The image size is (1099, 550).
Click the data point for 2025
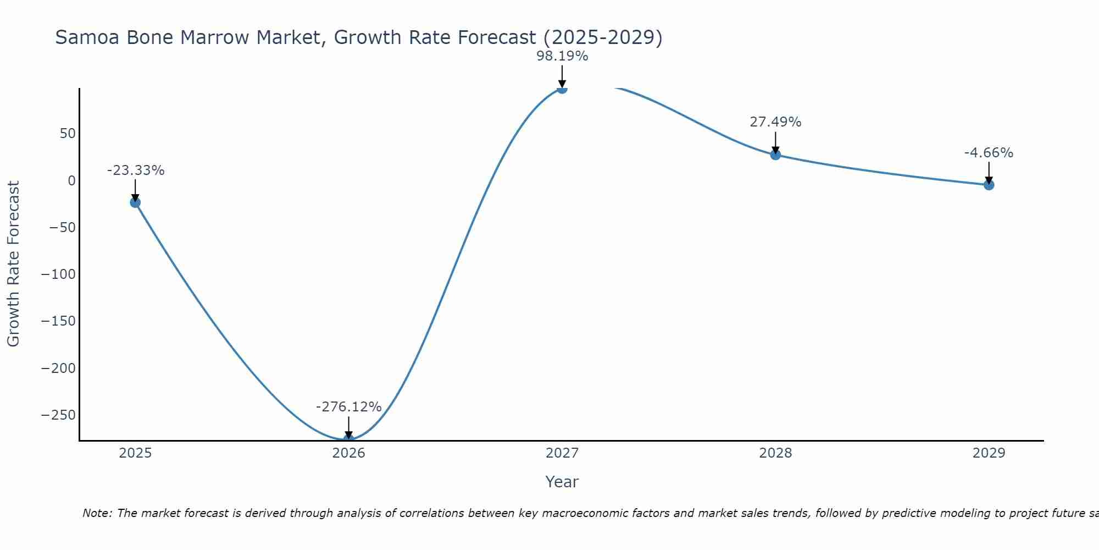pyautogui.click(x=135, y=202)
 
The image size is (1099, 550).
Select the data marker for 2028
pyautogui.click(x=775, y=155)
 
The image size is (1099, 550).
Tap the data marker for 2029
pyautogui.click(x=989, y=185)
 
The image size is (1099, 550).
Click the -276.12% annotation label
pyautogui.click(x=348, y=407)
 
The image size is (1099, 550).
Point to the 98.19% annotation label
pyautogui.click(x=562, y=56)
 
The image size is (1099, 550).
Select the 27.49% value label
pyautogui.click(x=775, y=122)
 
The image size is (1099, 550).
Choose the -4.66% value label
pyautogui.click(x=989, y=153)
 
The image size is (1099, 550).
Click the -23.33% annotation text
pyautogui.click(x=136, y=170)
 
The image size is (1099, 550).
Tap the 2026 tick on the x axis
pyautogui.click(x=348, y=453)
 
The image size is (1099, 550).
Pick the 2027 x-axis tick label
pyautogui.click(x=562, y=453)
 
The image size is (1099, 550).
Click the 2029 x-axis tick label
pyautogui.click(x=989, y=453)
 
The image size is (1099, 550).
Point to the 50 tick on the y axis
pyautogui.click(x=68, y=134)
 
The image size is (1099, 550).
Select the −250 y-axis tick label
pyautogui.click(x=58, y=415)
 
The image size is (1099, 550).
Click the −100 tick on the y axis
pyautogui.click(x=58, y=274)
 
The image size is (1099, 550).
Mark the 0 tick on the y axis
pyautogui.click(x=71, y=180)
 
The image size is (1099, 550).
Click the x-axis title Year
pyautogui.click(x=562, y=482)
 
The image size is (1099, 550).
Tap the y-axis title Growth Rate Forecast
pyautogui.click(x=13, y=264)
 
